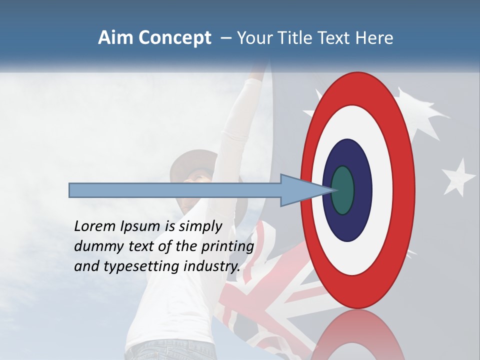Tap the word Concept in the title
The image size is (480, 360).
click(174, 38)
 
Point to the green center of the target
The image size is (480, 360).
click(343, 190)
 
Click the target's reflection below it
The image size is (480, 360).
click(357, 335)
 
